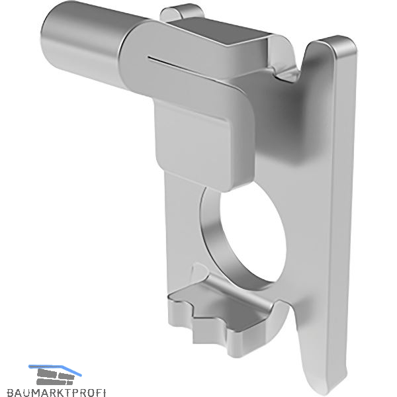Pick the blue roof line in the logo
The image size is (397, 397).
[x=55, y=369]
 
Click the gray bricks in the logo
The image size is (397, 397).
[x=56, y=377]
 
